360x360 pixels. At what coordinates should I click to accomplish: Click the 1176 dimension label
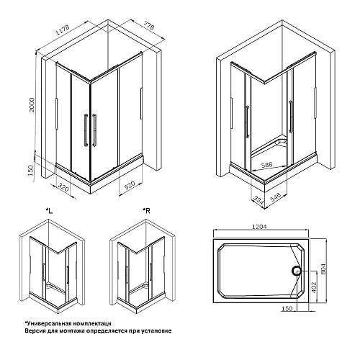63,30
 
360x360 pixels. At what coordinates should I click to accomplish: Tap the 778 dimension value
149,26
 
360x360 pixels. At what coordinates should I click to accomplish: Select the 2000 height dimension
32,105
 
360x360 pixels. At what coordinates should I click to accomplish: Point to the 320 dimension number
63,187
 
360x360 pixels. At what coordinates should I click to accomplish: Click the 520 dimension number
130,185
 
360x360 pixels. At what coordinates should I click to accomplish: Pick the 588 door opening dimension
266,165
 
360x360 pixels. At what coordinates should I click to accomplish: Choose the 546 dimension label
275,197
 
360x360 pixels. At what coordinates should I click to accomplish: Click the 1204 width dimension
259,226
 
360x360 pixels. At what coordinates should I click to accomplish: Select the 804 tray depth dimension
323,269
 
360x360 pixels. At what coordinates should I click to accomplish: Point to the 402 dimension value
314,287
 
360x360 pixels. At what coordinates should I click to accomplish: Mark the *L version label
49,211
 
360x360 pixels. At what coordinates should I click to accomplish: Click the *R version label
146,211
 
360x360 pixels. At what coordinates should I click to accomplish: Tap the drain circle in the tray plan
297,271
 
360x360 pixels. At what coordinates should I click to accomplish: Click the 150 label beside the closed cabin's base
31,171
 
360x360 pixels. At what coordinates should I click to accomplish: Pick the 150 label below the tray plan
287,308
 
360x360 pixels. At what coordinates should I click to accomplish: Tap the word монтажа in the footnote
73,331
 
